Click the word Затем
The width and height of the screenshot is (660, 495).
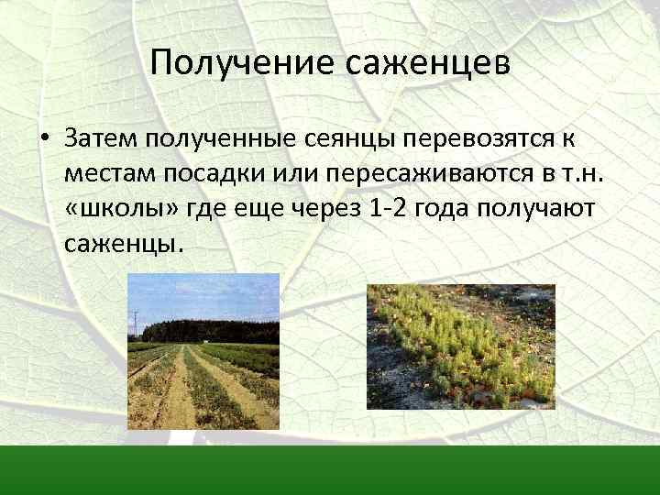point(99,138)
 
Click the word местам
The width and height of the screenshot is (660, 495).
point(112,173)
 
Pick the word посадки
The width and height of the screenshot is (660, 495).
point(214,173)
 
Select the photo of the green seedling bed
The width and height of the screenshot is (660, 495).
point(461,346)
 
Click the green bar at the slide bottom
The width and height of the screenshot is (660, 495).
point(330,469)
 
